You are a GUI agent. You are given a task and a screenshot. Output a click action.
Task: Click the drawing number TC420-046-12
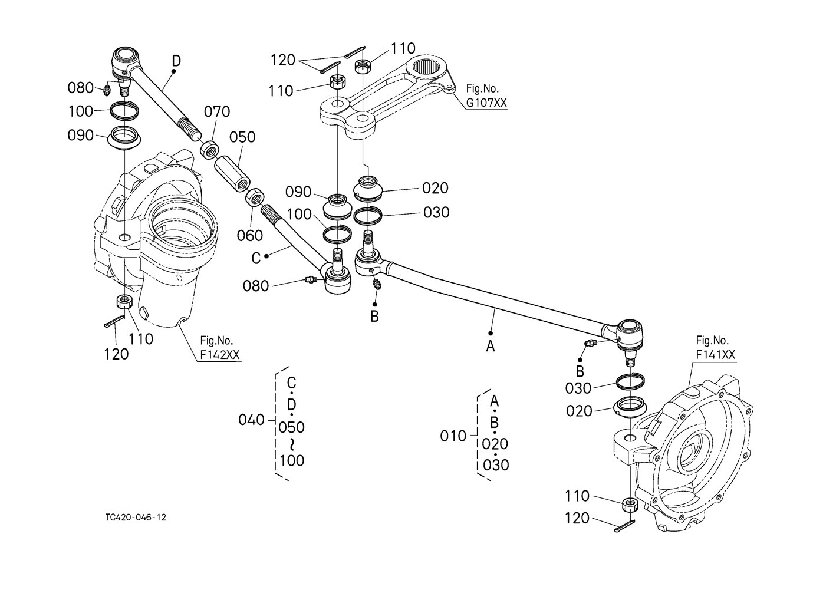click(136, 517)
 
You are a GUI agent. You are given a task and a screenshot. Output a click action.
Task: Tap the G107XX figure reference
click(486, 103)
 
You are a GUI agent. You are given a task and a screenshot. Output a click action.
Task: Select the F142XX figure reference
click(220, 354)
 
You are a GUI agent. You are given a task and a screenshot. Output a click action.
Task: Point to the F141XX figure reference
click(715, 354)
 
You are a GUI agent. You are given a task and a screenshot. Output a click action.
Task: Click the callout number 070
click(217, 112)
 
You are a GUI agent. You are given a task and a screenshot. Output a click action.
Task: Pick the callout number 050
click(242, 137)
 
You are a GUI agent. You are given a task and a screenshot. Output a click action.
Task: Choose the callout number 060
click(250, 236)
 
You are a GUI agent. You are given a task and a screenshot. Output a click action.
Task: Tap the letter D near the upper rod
click(176, 61)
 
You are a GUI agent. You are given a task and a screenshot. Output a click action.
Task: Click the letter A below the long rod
click(491, 346)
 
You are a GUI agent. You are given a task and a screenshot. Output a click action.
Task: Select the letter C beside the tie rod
click(256, 258)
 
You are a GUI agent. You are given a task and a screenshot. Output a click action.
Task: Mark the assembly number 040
click(251, 420)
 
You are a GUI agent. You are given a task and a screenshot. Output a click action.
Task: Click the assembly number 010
click(453, 436)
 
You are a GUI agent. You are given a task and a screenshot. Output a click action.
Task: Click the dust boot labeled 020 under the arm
click(368, 188)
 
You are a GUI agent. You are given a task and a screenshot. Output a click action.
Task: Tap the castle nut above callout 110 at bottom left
click(124, 302)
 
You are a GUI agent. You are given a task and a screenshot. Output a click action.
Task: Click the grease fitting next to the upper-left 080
click(107, 90)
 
